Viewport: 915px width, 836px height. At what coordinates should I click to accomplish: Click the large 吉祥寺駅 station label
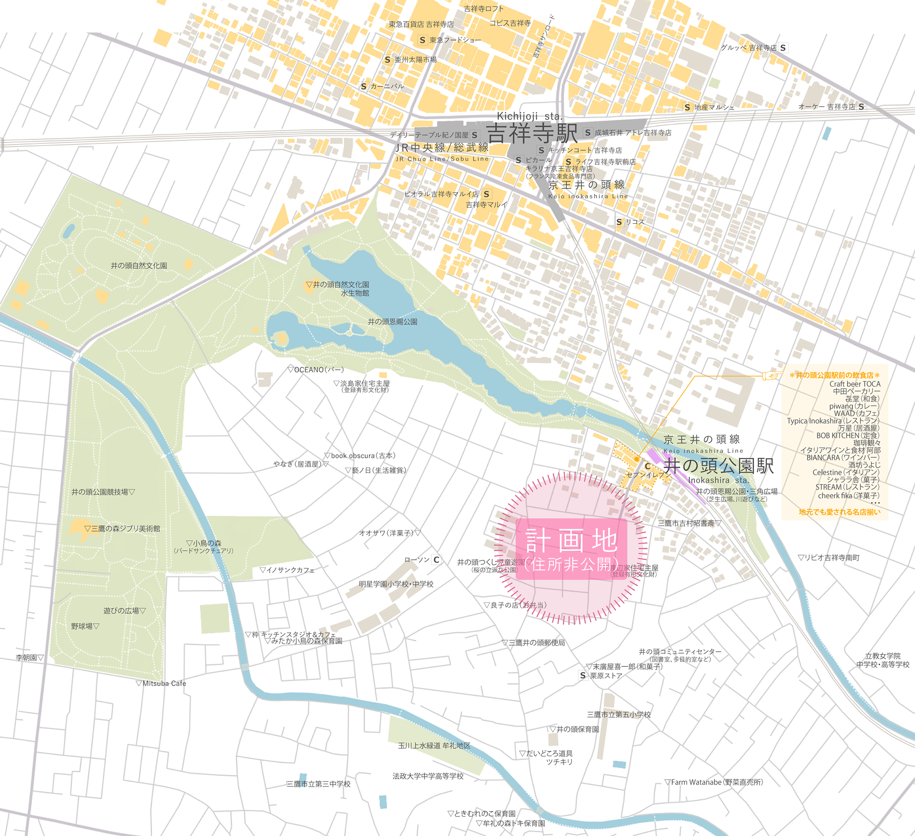coord(532,133)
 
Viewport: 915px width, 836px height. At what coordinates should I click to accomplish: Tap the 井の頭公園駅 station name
coord(718,466)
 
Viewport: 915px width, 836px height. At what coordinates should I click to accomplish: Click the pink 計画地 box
coord(571,549)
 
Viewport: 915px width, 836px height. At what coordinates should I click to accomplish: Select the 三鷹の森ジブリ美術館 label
coord(122,528)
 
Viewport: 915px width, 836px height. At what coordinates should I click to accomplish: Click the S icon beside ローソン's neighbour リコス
coord(619,222)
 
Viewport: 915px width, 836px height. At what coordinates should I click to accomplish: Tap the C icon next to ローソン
coord(436,560)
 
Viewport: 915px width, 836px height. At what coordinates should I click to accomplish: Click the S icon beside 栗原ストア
coord(583,676)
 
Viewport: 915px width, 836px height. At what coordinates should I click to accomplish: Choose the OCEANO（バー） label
coord(316,369)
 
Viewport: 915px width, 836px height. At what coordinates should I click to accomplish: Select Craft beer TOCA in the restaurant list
coord(855,384)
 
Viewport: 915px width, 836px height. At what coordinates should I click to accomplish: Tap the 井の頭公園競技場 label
coord(103,492)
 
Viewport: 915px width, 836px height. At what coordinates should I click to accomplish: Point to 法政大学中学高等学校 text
coord(428,776)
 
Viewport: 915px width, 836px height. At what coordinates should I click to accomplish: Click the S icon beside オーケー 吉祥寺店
coord(861,107)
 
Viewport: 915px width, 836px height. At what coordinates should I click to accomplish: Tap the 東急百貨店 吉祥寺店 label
coord(421,25)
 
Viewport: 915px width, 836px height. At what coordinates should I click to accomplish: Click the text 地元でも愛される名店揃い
coord(839,512)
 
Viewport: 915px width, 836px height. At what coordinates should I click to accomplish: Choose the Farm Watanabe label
coord(713,782)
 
